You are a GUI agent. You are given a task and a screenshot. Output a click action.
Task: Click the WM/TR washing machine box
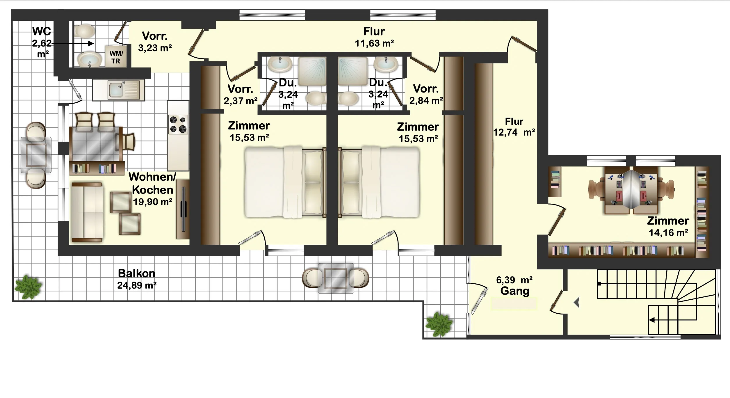click(116, 56)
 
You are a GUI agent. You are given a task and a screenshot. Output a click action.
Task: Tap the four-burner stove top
click(178, 125)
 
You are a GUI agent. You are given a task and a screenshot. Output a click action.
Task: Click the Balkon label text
click(136, 273)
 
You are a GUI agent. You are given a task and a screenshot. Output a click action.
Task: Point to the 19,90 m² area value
click(152, 202)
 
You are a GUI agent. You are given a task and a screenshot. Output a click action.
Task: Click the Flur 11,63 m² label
click(374, 37)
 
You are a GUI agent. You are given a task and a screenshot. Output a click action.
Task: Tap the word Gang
click(515, 291)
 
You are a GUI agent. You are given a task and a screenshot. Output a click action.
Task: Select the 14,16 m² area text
click(668, 233)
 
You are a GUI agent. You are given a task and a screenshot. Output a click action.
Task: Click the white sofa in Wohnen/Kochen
click(87, 212)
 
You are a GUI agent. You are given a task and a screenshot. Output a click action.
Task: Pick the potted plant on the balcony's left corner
click(28, 287)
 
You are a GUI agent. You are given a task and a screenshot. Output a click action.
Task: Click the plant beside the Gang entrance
click(439, 324)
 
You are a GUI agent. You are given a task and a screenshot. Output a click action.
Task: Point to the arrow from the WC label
click(72, 44)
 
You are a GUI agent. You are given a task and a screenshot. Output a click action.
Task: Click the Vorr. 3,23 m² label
click(155, 42)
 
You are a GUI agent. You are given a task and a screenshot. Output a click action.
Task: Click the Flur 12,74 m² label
click(514, 127)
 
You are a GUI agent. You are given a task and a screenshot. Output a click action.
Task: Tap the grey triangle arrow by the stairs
click(577, 303)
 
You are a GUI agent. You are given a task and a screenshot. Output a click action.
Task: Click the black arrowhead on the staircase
click(652, 320)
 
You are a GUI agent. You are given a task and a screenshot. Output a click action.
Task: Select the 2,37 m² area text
click(241, 101)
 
